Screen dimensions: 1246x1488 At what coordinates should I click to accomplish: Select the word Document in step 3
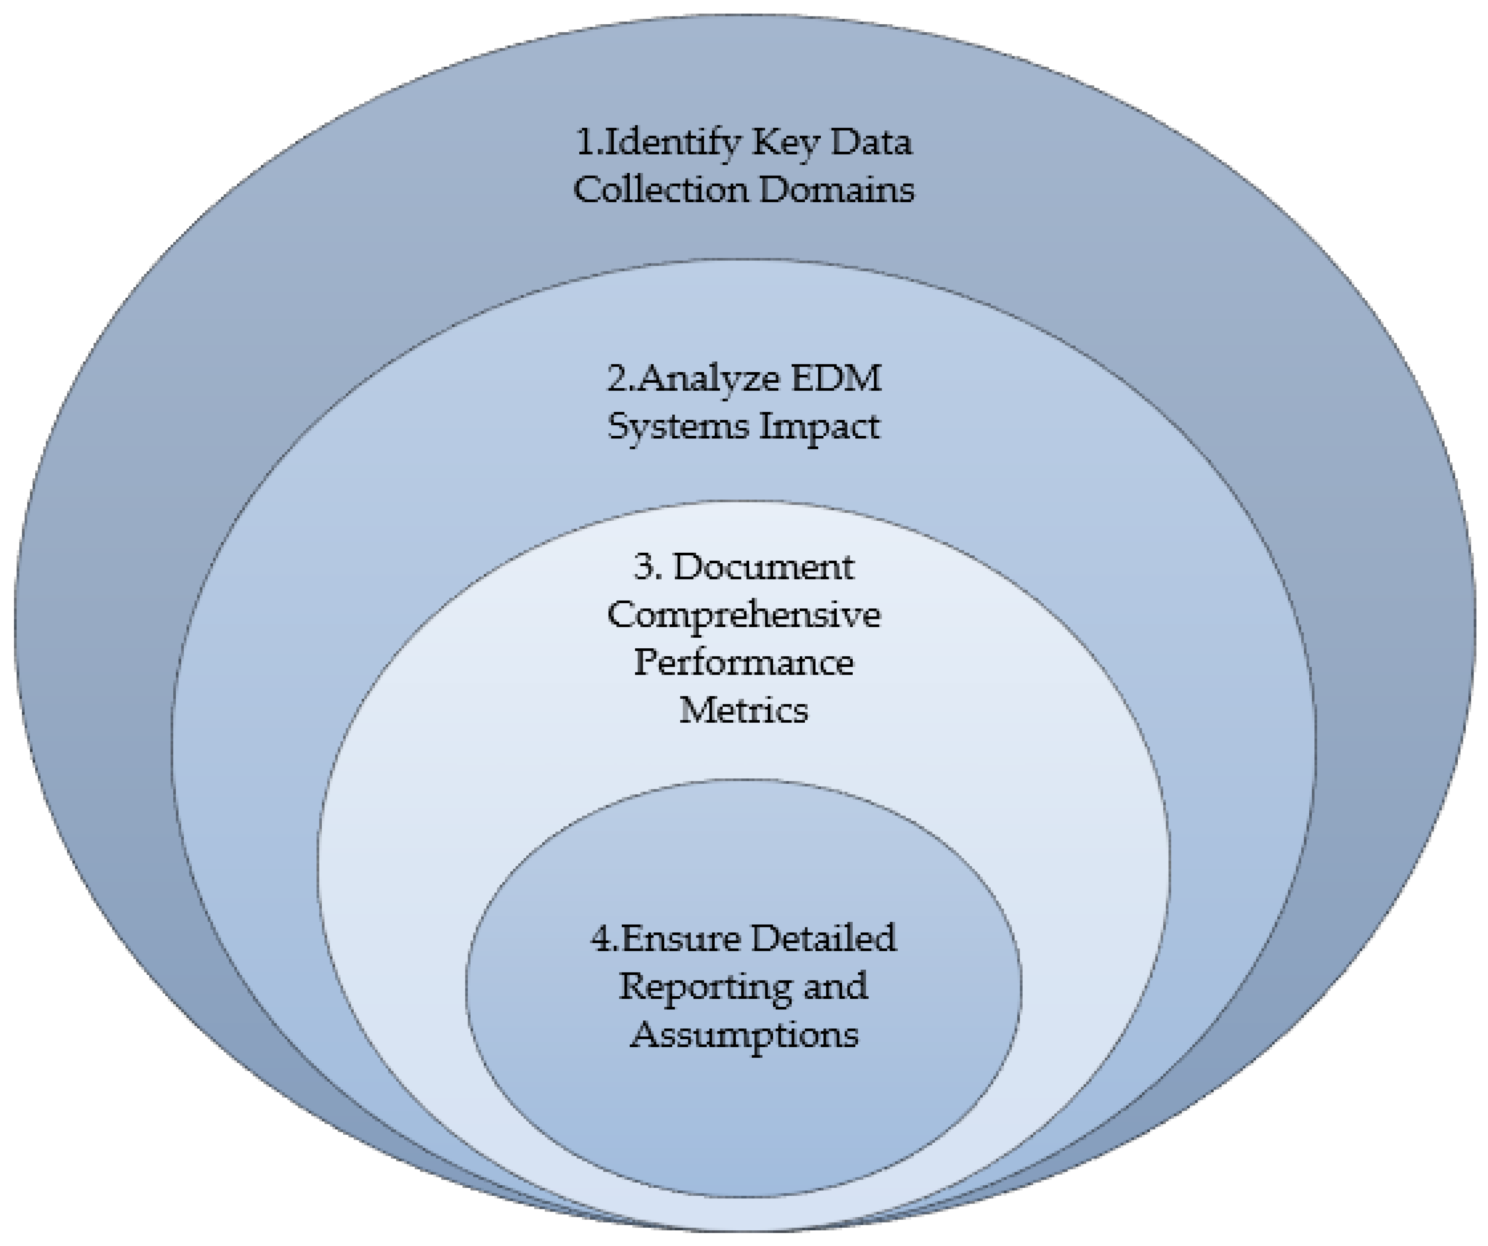click(763, 567)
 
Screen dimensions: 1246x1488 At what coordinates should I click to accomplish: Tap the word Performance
click(744, 663)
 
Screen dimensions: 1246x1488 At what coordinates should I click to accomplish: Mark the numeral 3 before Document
click(644, 567)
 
